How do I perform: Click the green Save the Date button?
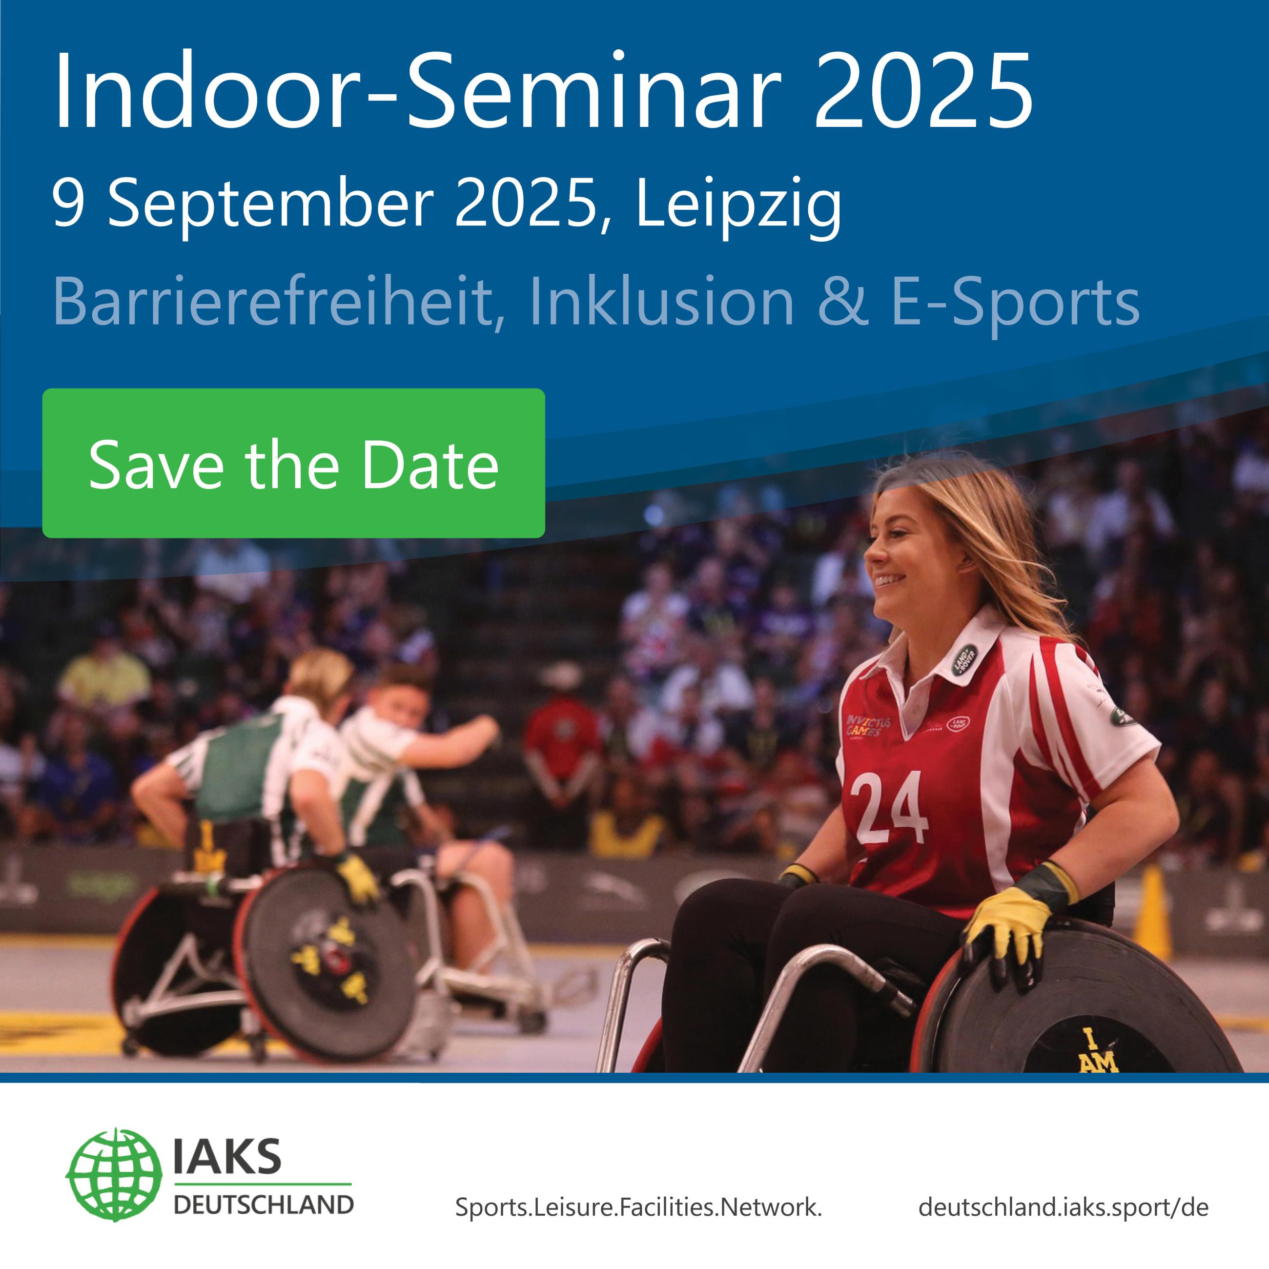294,464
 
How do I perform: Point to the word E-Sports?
1014,301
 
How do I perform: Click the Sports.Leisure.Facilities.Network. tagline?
638,1207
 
